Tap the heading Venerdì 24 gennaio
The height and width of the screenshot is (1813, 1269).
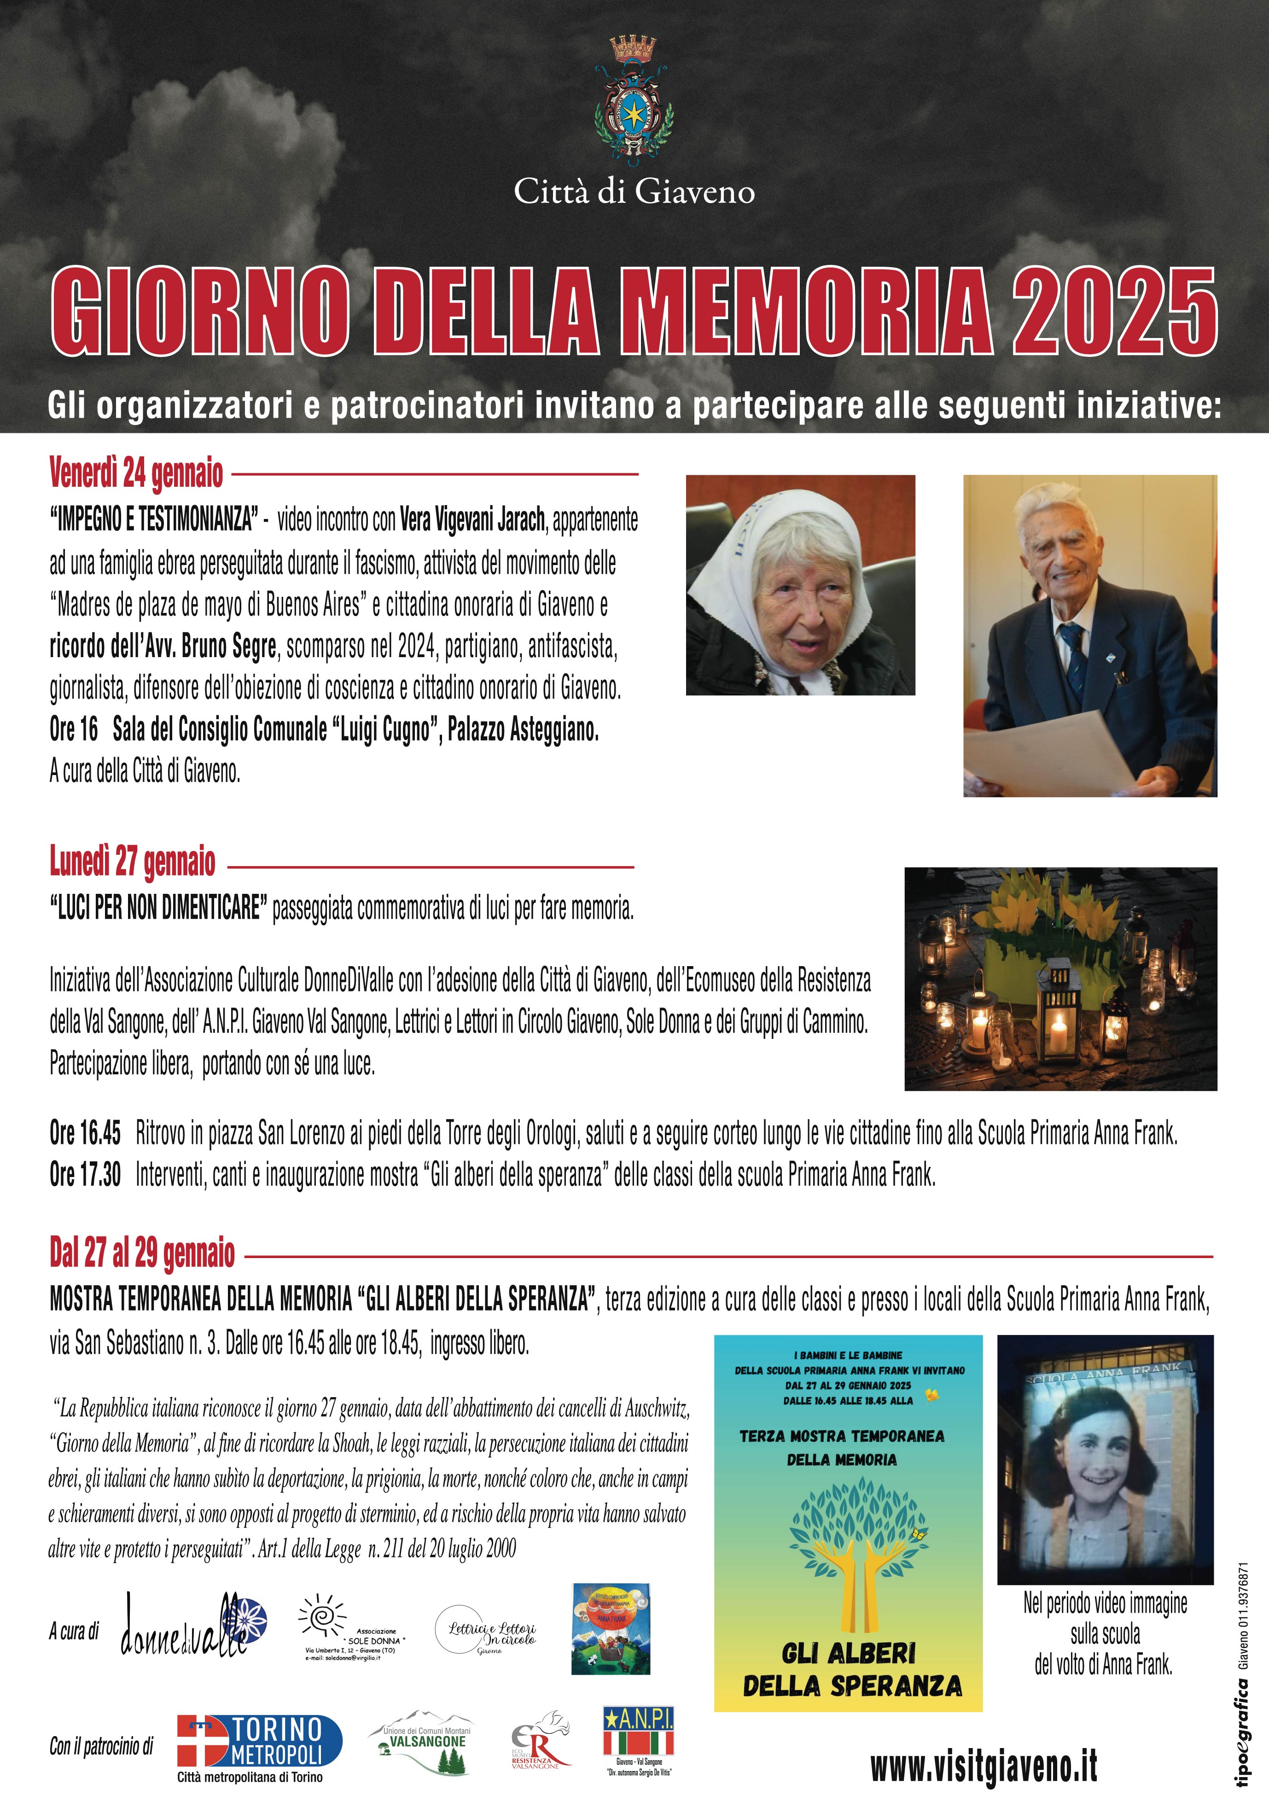[136, 474]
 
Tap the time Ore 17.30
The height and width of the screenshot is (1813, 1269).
[85, 1175]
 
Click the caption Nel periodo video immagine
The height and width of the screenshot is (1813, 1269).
[1105, 1604]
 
